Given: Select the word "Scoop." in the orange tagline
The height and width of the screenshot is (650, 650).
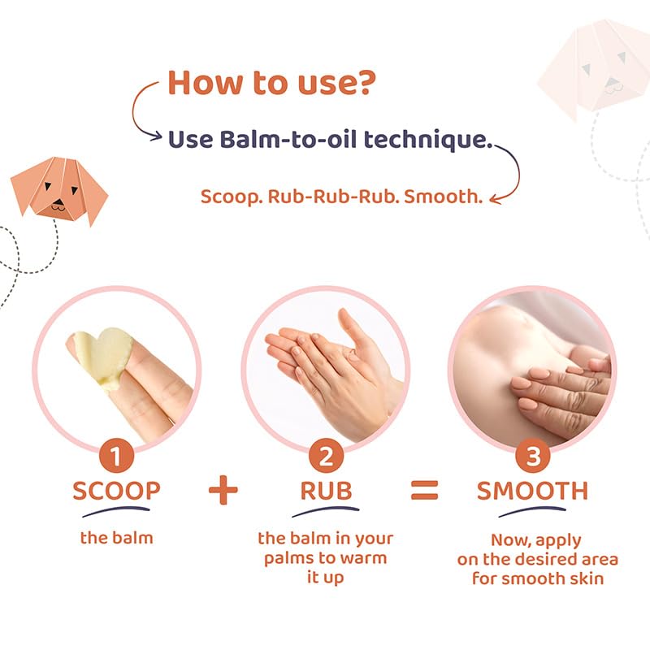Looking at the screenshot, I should click(226, 197).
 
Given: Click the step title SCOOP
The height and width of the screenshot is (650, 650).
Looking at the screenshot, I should click(116, 492).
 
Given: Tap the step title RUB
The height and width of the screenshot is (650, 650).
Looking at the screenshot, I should click(325, 492).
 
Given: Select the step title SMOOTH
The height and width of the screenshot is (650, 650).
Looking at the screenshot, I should click(532, 492).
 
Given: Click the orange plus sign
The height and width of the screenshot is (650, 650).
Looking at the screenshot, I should click(223, 491).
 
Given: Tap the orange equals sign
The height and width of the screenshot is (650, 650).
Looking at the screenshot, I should click(424, 490).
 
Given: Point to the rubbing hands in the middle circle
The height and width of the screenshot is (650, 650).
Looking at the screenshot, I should click(333, 366).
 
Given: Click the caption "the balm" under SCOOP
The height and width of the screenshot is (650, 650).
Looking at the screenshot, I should click(116, 537).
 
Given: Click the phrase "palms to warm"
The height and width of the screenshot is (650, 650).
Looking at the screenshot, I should click(325, 558).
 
